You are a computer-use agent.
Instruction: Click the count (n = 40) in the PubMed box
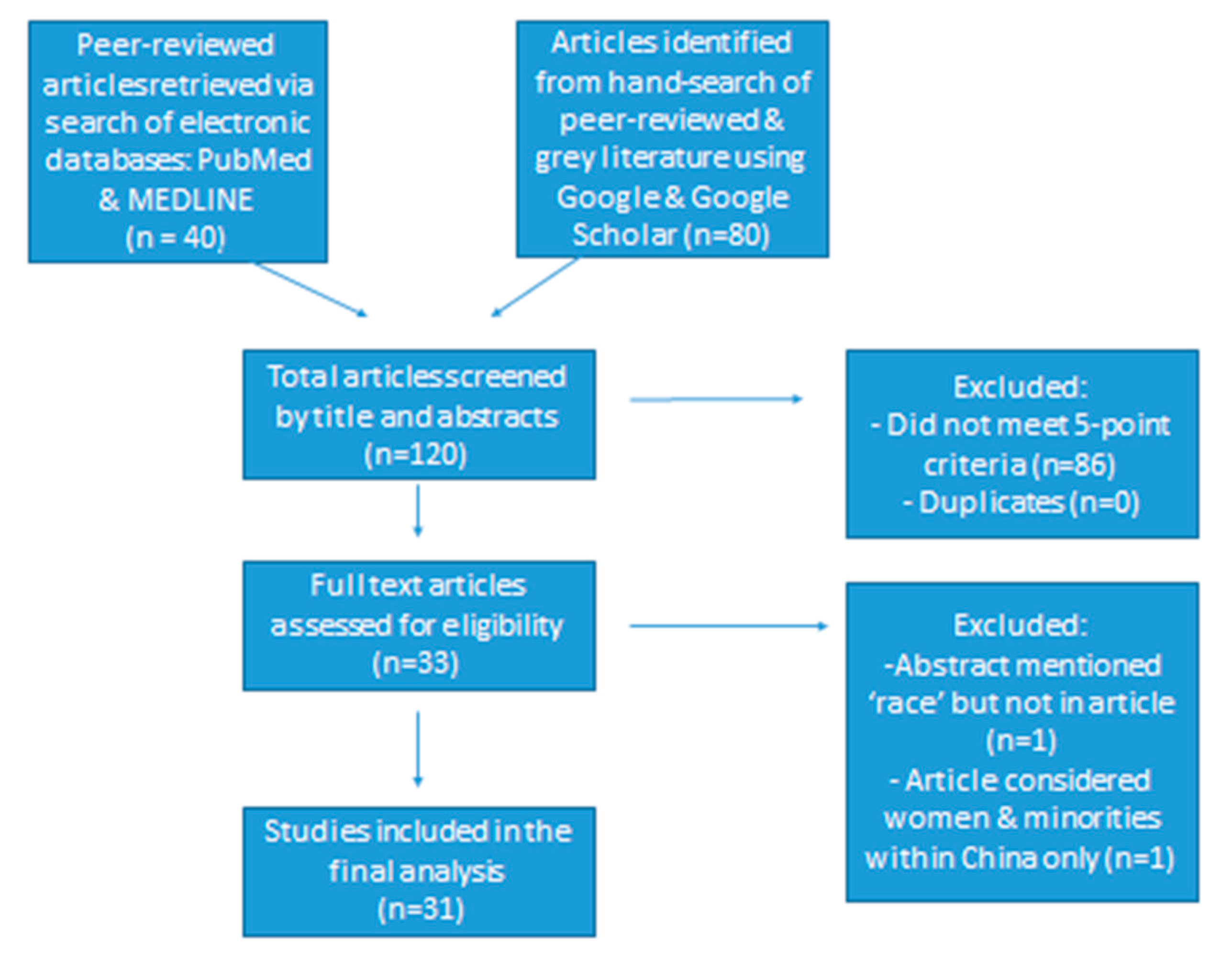pyautogui.click(x=176, y=238)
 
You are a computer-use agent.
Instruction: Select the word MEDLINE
pyautogui.click(x=190, y=200)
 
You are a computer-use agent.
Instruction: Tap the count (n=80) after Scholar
pyautogui.click(x=727, y=234)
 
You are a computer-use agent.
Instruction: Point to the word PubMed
pyautogui.click(x=255, y=160)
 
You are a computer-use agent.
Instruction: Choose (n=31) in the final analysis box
pyautogui.click(x=421, y=909)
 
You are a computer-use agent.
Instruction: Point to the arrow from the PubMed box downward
pyautogui.click(x=311, y=289)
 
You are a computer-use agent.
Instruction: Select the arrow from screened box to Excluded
pyautogui.click(x=716, y=399)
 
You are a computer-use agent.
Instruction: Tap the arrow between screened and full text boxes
pyautogui.click(x=418, y=510)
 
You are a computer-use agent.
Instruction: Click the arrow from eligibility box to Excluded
pyautogui.click(x=729, y=626)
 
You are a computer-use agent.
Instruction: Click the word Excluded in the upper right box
pyautogui.click(x=1020, y=387)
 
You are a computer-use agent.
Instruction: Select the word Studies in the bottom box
pyautogui.click(x=317, y=832)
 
